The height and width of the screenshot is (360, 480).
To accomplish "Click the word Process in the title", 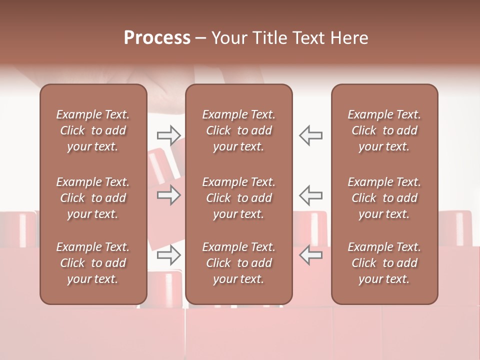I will (157, 38).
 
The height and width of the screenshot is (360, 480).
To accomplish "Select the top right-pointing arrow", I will (168, 135).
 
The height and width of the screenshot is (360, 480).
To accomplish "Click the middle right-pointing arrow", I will (168, 195).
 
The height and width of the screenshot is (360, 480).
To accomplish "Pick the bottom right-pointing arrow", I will (168, 255).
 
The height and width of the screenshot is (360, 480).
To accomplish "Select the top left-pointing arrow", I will (310, 135).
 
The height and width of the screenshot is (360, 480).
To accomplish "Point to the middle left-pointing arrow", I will (310, 195).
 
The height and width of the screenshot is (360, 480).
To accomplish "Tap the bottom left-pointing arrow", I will (310, 255).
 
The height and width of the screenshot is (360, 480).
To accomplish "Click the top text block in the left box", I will (93, 130).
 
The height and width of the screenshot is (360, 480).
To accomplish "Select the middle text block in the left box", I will (93, 198).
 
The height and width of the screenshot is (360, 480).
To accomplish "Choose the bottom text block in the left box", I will (93, 263).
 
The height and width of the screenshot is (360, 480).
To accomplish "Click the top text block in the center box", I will (238, 130).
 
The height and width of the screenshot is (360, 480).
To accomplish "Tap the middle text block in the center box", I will (238, 198).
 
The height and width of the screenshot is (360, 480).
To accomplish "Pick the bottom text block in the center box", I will (238, 263).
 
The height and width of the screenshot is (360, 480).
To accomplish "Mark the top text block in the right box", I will (384, 130).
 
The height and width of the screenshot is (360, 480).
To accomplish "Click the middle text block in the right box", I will (384, 198).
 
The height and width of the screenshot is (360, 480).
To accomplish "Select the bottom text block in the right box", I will (384, 263).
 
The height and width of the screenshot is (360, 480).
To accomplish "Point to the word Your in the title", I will (229, 38).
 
